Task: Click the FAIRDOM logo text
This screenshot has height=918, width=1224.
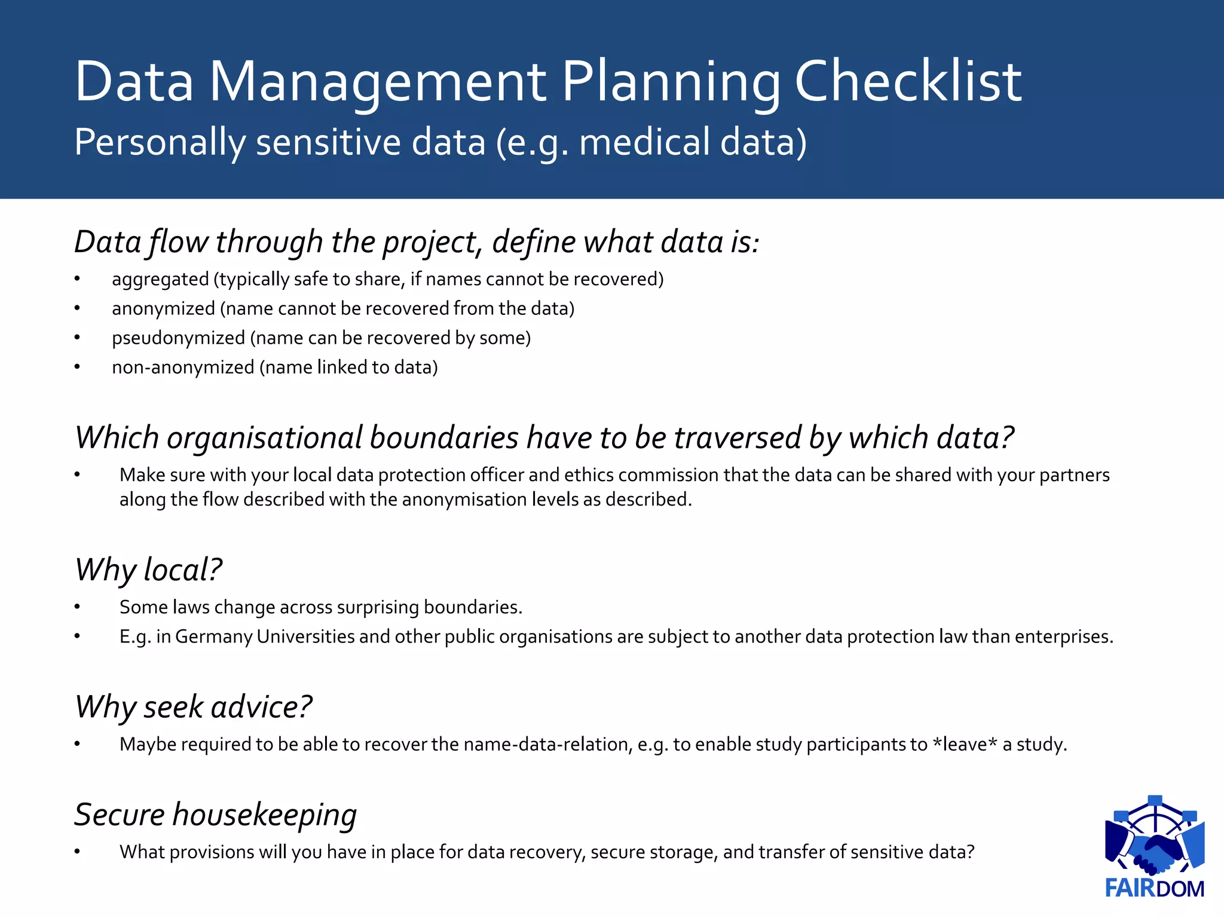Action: point(1154,888)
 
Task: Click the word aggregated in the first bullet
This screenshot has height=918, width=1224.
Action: point(160,280)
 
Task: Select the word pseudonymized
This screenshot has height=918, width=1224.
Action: point(178,338)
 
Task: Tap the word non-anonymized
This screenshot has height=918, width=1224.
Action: point(183,368)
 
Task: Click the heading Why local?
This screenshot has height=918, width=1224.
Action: point(148,570)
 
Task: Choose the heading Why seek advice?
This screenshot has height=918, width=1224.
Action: point(193,707)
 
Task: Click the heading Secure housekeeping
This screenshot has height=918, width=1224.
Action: point(215,815)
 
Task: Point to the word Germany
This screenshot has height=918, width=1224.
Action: point(213,637)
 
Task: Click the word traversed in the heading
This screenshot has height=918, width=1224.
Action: point(738,438)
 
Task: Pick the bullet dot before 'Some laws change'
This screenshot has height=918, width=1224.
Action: point(77,607)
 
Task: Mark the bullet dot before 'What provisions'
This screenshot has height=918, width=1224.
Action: point(77,852)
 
